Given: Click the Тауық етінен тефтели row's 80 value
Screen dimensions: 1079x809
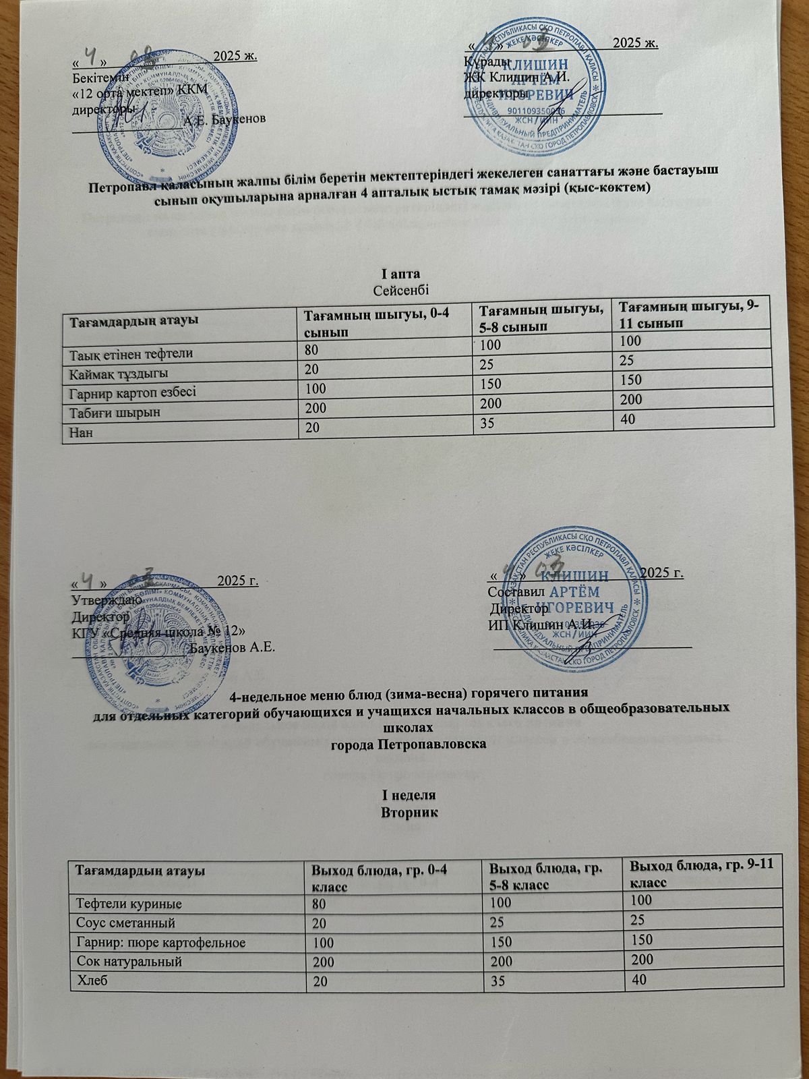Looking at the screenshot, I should coord(311,349).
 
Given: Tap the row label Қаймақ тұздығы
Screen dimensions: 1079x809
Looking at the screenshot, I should coord(116,372).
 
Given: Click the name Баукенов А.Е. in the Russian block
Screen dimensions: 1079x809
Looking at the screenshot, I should coord(232,648).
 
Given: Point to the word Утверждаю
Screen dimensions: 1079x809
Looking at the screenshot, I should coord(106,598).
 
